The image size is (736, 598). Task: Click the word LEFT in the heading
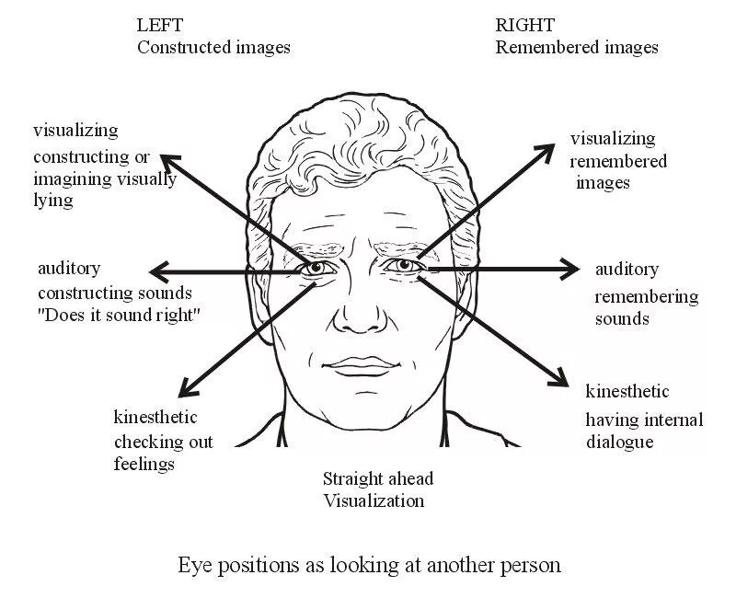160,25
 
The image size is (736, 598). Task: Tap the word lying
52,200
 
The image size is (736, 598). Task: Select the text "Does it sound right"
119,315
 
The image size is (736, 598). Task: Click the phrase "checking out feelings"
163,453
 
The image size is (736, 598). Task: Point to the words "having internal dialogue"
644,431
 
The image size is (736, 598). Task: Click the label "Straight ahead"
377,478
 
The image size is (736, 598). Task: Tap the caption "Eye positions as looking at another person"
369,564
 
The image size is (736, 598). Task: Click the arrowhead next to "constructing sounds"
157,271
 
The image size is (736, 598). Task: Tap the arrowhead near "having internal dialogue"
558,379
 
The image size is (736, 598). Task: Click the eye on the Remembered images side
403,267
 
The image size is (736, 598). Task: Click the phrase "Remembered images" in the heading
576,47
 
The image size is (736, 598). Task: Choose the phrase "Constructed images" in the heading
213,47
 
